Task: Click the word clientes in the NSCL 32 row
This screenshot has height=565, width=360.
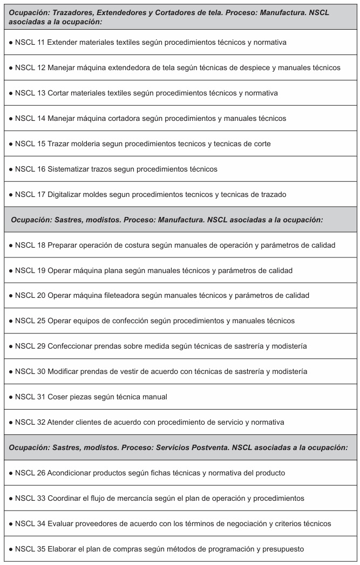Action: click(x=95, y=423)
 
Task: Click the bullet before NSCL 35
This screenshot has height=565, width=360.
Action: click(x=11, y=549)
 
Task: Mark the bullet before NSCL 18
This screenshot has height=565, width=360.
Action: click(x=11, y=245)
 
